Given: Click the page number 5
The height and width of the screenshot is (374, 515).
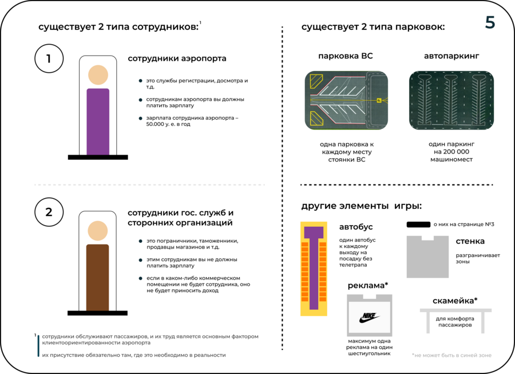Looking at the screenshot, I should click(x=490, y=22).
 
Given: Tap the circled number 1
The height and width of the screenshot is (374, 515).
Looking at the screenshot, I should click(x=49, y=58).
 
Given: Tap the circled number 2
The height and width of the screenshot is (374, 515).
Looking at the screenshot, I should click(x=49, y=212).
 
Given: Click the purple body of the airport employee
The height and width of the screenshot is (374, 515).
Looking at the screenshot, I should click(x=98, y=121).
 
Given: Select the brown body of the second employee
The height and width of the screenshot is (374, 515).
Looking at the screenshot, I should click(x=97, y=277).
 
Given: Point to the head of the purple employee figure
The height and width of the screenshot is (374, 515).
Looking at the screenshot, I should click(x=98, y=75).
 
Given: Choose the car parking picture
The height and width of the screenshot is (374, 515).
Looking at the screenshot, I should click(x=451, y=101).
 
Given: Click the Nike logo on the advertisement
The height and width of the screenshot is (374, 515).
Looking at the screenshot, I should click(x=370, y=317).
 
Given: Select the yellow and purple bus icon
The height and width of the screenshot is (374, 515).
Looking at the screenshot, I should click(x=314, y=269).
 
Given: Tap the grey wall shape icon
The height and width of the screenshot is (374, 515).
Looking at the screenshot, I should click(x=427, y=257).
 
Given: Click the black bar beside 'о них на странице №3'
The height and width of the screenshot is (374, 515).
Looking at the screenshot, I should click(x=418, y=225).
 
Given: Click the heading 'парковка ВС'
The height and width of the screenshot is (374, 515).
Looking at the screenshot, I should click(x=346, y=56).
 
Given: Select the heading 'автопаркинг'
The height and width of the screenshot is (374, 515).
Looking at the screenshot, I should click(x=451, y=56).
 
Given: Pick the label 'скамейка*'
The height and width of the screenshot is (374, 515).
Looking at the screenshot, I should click(x=455, y=301).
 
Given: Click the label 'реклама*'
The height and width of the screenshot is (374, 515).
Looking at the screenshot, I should click(x=368, y=285).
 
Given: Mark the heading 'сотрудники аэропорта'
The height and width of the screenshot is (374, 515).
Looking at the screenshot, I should click(x=177, y=58).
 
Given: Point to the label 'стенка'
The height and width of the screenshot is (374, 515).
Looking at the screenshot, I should click(x=470, y=242).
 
